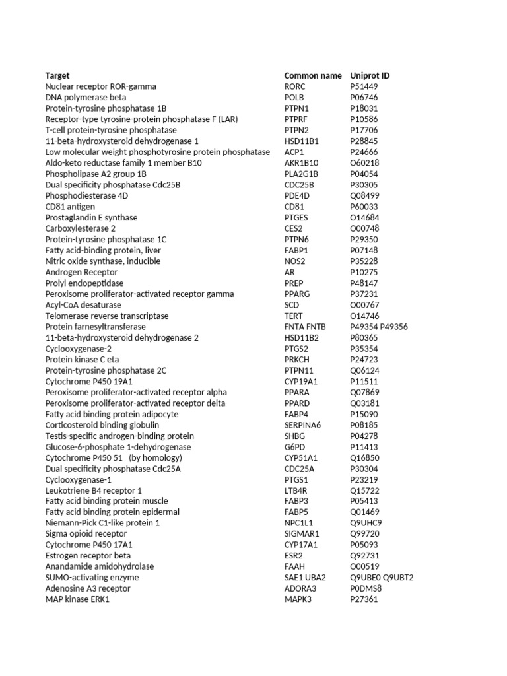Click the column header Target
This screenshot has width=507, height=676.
[x=57, y=75]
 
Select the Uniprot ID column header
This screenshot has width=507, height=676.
[x=370, y=75]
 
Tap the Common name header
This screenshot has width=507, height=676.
[x=313, y=75]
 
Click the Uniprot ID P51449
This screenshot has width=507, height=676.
[x=365, y=86]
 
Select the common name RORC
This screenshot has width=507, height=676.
[x=296, y=86]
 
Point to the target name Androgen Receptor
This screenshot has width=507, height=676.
[x=81, y=272]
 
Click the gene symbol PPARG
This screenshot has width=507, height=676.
[x=297, y=294]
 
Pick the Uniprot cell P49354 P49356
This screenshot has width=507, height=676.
[x=379, y=327]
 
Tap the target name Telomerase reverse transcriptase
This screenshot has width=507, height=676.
[x=107, y=316]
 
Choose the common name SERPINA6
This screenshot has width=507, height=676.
[x=302, y=425]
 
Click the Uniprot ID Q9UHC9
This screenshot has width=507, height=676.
[x=366, y=523]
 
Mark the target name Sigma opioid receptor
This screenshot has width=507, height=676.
[x=86, y=533]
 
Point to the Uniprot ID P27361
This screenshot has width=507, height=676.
[x=364, y=599]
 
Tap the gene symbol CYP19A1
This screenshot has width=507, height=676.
[x=301, y=382]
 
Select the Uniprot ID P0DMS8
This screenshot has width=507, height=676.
[x=366, y=588]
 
